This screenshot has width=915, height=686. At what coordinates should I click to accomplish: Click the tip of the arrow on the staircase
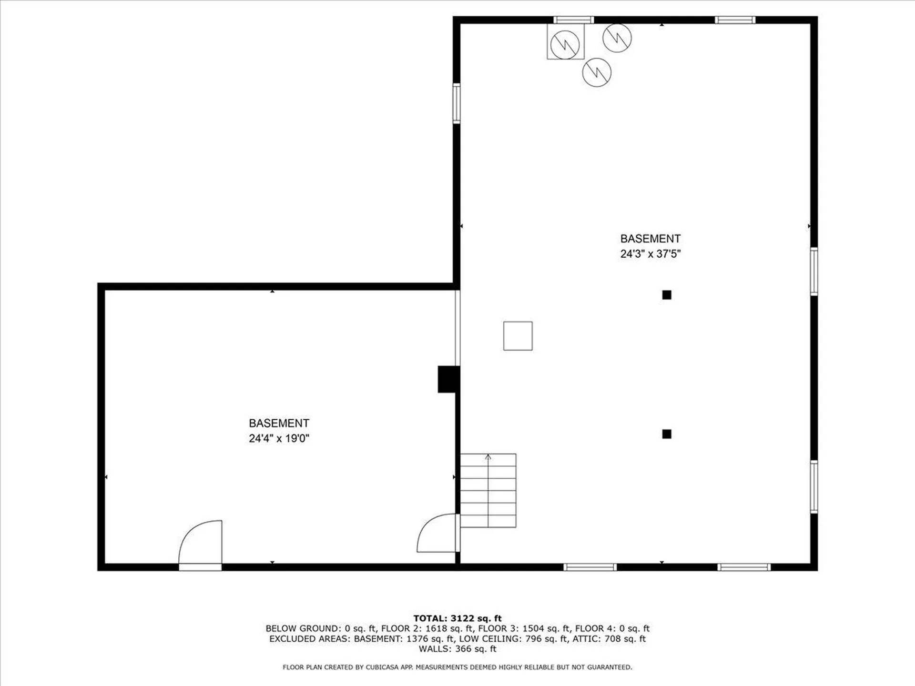pyautogui.click(x=488, y=455)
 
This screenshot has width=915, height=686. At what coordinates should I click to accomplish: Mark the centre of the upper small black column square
pyautogui.click(x=667, y=295)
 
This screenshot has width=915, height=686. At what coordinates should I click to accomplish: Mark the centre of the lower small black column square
pyautogui.click(x=667, y=434)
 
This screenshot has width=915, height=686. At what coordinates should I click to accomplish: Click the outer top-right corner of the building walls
pyautogui.click(x=818, y=17)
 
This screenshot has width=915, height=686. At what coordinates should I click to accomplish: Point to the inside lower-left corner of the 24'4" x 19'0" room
pyautogui.click(x=105, y=564)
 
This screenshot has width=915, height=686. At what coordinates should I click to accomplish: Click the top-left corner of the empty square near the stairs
pyautogui.click(x=504, y=322)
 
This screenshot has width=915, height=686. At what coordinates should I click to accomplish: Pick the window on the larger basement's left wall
pyautogui.click(x=457, y=103)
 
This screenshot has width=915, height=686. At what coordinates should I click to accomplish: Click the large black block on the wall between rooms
pyautogui.click(x=448, y=379)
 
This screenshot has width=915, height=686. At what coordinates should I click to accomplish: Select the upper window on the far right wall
pyautogui.click(x=814, y=272)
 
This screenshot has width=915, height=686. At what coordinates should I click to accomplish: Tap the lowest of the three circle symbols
pyautogui.click(x=597, y=72)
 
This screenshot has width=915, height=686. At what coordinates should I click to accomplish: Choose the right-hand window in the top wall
pyautogui.click(x=735, y=20)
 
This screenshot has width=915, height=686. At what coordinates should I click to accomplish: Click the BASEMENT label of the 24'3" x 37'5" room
pyautogui.click(x=651, y=239)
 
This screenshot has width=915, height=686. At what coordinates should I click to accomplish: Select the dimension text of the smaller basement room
pyautogui.click(x=279, y=438)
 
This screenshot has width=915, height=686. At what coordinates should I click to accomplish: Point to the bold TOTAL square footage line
pyautogui.click(x=457, y=618)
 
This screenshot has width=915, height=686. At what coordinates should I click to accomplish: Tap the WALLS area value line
pyautogui.click(x=457, y=649)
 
